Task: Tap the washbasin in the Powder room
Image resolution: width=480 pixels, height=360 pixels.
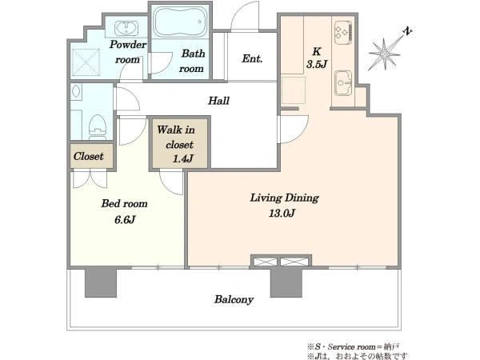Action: [126, 29]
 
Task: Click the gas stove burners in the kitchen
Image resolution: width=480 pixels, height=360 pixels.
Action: [343, 33]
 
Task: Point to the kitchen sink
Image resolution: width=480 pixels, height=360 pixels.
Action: [343, 83]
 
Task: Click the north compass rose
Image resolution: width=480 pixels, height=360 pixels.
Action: [385, 54]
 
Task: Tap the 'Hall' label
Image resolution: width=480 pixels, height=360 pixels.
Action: [218, 101]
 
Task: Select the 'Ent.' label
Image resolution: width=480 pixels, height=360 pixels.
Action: [252, 58]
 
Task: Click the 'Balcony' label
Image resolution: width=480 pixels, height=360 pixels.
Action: [234, 299]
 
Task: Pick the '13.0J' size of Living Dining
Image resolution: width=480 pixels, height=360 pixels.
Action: [282, 213]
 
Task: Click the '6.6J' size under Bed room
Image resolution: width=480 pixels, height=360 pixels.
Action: [125, 219]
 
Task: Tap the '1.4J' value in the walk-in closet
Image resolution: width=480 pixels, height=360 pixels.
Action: [182, 158]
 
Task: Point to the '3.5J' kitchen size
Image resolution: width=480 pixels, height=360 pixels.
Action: [317, 64]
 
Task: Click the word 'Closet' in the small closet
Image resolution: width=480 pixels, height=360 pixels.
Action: [88, 157]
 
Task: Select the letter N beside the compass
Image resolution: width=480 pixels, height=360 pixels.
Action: [407, 31]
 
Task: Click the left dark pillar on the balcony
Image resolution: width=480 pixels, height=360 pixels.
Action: [101, 282]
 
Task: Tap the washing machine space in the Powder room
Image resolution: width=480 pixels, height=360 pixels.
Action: [86, 62]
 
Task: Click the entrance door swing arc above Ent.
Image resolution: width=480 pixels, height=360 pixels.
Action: [238, 12]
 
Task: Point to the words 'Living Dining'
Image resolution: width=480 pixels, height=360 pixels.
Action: [284, 198]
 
